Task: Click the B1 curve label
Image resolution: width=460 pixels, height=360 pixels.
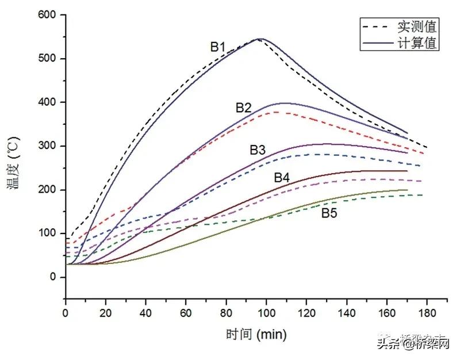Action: pyautogui.click(x=217, y=47)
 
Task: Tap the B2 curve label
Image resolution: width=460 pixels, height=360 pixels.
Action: pyautogui.click(x=244, y=108)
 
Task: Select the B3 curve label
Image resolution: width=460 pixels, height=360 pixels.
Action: pyautogui.click(x=258, y=150)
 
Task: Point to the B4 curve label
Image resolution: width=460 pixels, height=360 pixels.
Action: pyautogui.click(x=281, y=178)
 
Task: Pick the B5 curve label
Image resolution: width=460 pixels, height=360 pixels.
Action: pyautogui.click(x=329, y=213)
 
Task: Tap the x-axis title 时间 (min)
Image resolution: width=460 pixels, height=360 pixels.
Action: pyautogui.click(x=256, y=334)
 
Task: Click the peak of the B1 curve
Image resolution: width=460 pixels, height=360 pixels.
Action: pyautogui.click(x=260, y=39)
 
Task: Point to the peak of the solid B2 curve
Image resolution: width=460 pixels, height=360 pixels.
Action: pyautogui.click(x=284, y=103)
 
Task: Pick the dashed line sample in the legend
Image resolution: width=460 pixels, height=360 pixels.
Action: pyautogui.click(x=377, y=26)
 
